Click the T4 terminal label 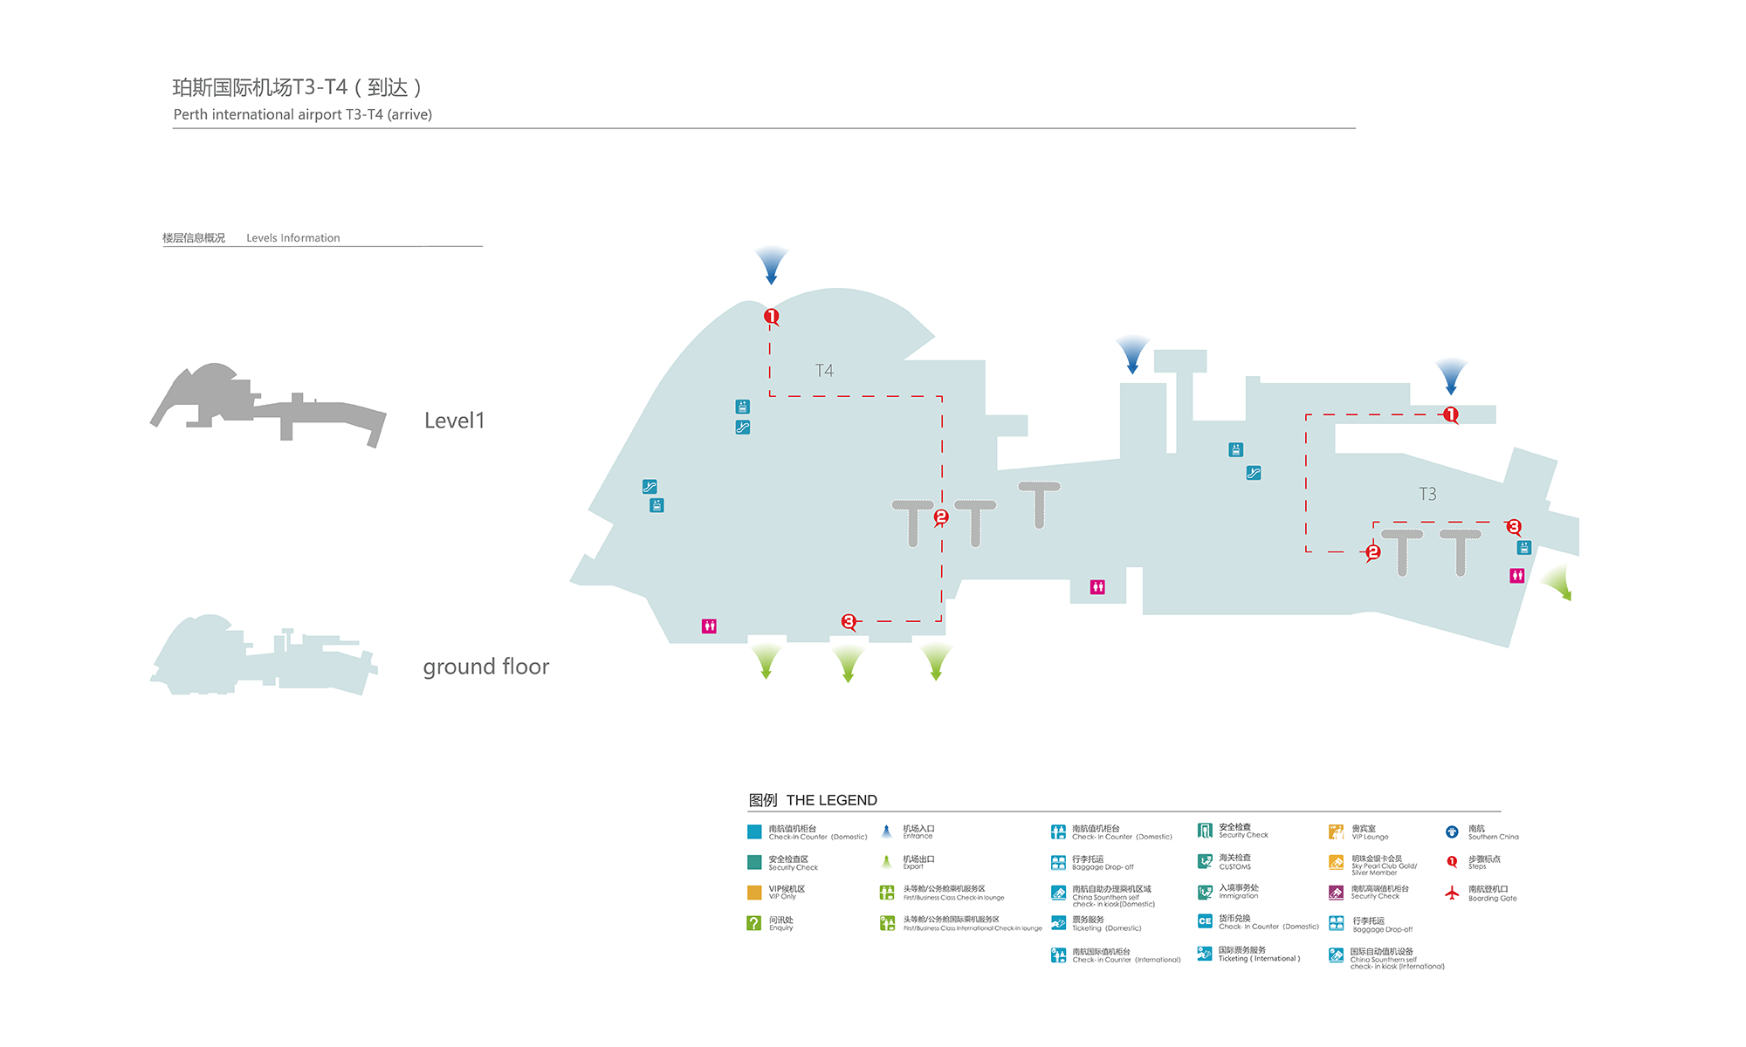(824, 371)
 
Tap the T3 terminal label (1427, 494)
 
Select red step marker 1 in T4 (771, 316)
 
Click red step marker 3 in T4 (849, 621)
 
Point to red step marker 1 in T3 (1450, 414)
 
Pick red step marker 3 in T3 (1514, 527)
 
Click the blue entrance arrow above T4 (771, 264)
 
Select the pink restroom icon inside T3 (1517, 575)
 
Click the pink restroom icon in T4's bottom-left (709, 626)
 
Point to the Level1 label (454, 421)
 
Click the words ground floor (485, 667)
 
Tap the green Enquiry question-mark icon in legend (754, 922)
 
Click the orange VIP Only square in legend (754, 892)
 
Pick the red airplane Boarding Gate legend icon (1452, 893)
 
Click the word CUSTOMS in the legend (1235, 867)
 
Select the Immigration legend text (1239, 896)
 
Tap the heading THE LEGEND (831, 800)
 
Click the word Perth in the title (190, 114)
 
